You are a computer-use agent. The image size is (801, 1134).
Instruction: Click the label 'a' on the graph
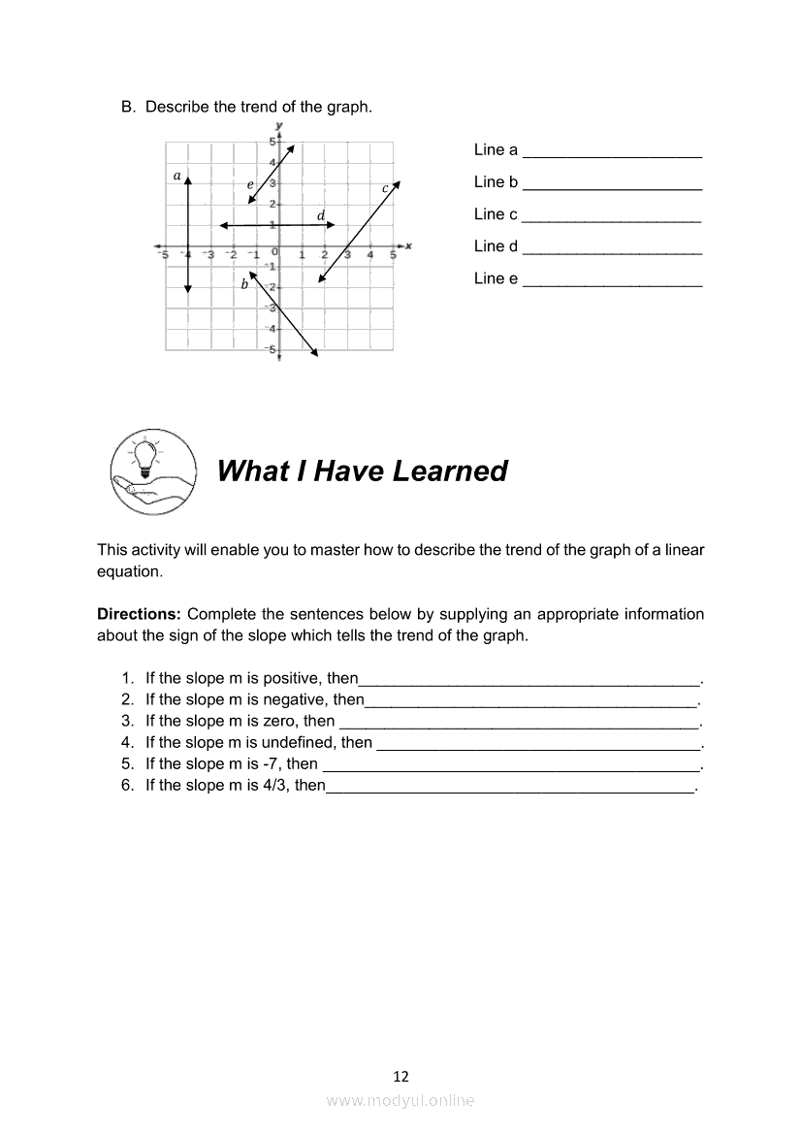[176, 176]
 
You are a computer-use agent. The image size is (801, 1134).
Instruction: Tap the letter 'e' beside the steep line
[250, 184]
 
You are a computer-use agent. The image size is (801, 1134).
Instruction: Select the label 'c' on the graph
[385, 187]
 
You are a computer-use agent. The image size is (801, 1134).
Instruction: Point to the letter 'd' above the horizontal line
[321, 215]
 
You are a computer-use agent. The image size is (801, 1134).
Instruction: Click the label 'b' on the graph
[244, 284]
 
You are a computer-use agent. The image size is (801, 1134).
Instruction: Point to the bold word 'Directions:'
[139, 614]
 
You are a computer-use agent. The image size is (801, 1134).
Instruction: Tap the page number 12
[400, 1076]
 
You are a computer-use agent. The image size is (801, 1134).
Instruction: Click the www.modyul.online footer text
[400, 1100]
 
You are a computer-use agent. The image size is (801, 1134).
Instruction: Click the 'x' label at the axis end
[409, 245]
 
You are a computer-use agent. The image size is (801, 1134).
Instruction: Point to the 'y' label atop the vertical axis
[279, 126]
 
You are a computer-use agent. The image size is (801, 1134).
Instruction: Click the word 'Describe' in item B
[176, 107]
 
